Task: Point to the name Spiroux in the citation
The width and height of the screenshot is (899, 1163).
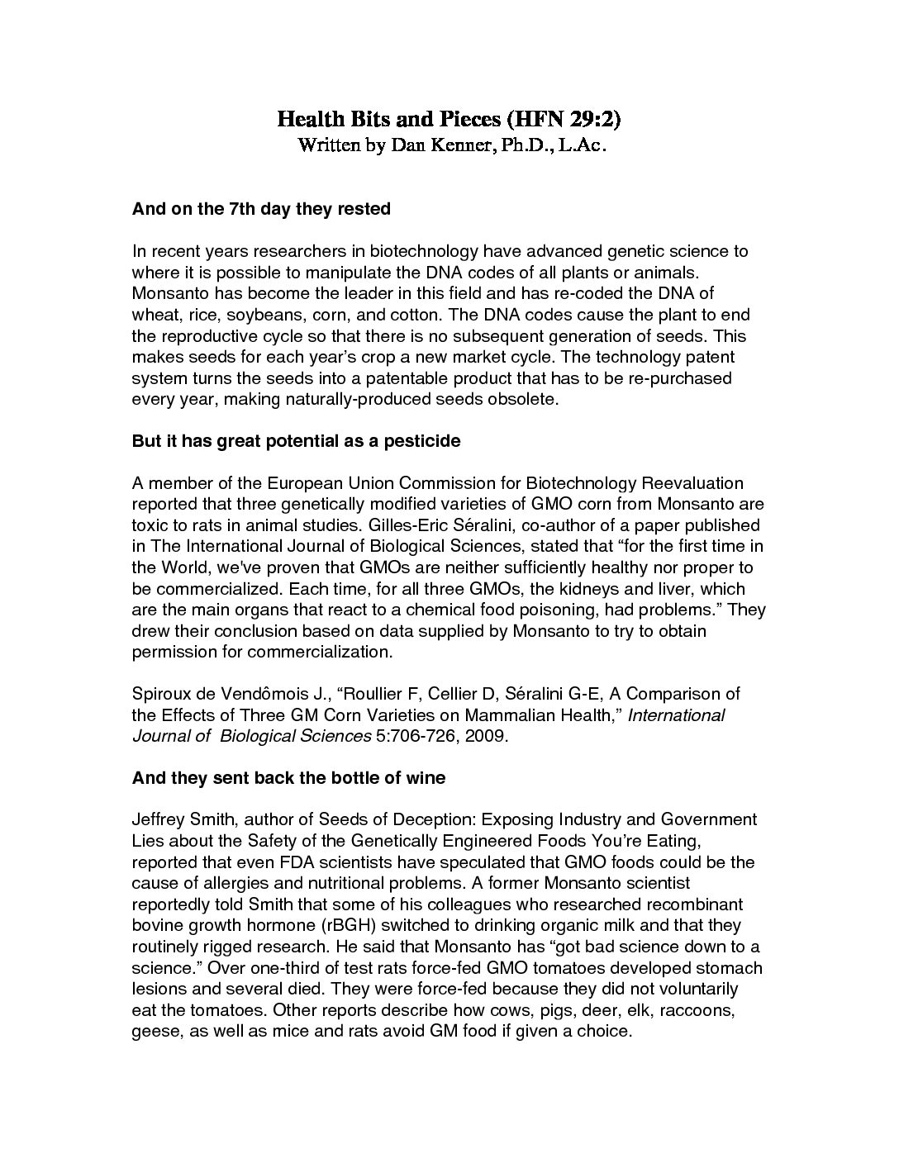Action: click(160, 694)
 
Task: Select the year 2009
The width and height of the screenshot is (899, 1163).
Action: click(485, 736)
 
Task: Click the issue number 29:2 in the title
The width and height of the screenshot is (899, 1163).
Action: click(590, 120)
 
